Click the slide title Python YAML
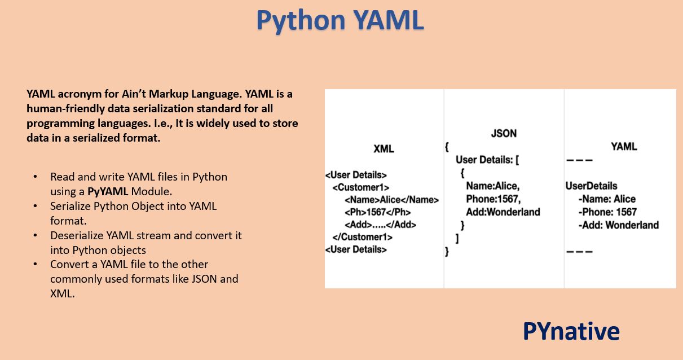click(340, 20)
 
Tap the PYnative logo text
click(571, 331)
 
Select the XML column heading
click(384, 149)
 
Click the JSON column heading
click(504, 134)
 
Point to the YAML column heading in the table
click(624, 147)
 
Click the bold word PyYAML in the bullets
click(108, 191)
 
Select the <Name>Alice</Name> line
click(391, 200)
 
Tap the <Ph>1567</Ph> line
click(377, 212)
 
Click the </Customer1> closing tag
click(362, 237)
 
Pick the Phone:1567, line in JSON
click(493, 199)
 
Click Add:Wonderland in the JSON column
click(503, 212)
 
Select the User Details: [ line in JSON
click(487, 160)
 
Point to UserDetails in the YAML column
click(591, 186)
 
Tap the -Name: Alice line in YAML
click(607, 199)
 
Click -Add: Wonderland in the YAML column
click(618, 225)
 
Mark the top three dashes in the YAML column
click(579, 161)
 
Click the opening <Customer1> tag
click(360, 187)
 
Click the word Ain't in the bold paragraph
click(121, 94)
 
